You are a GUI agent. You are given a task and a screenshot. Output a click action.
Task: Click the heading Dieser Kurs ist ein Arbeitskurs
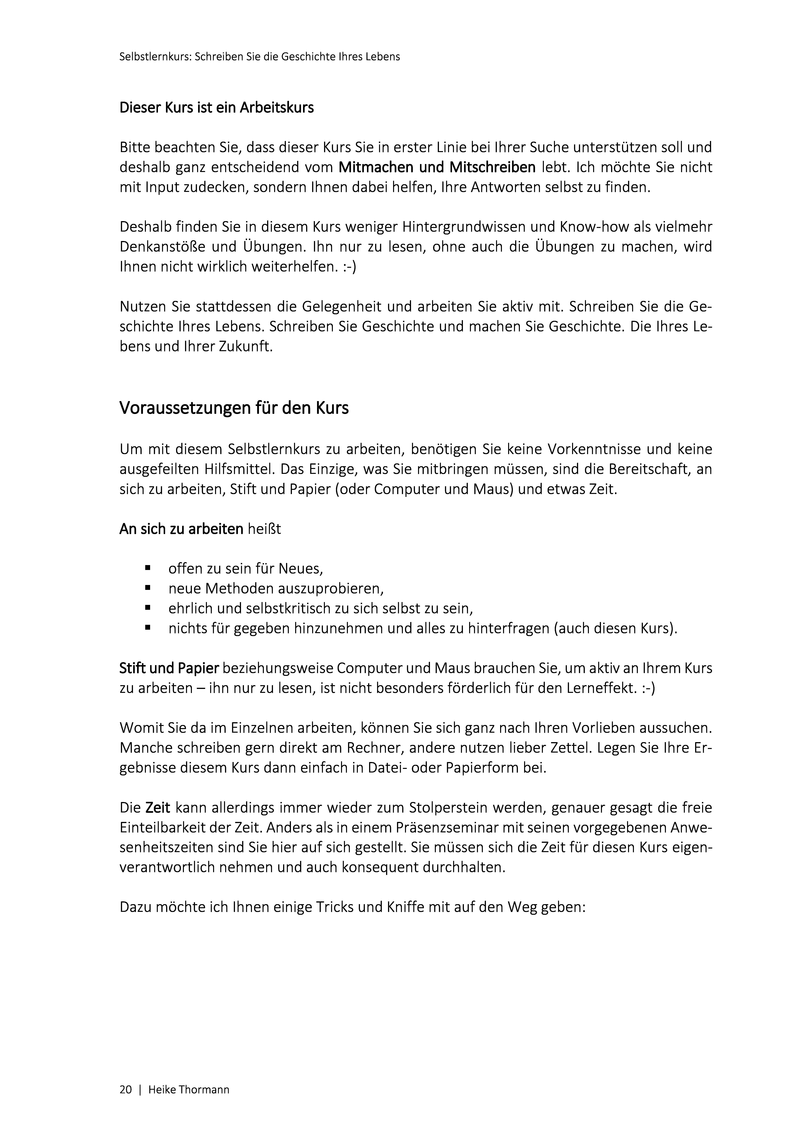(x=217, y=108)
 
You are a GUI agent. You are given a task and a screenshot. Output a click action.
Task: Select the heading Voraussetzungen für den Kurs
(x=234, y=408)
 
